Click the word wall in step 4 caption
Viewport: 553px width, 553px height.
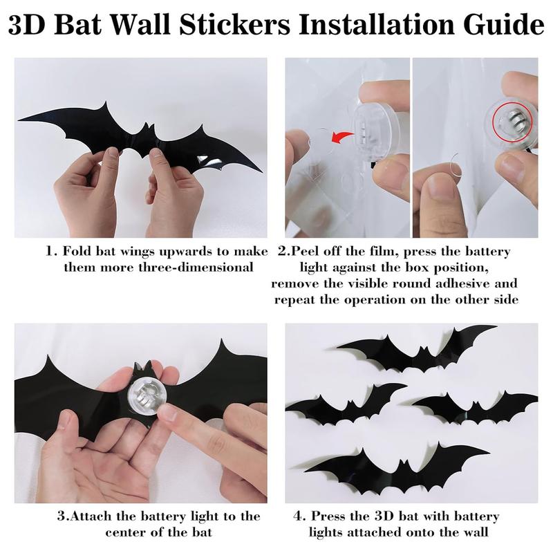pyautogui.click(x=479, y=533)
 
